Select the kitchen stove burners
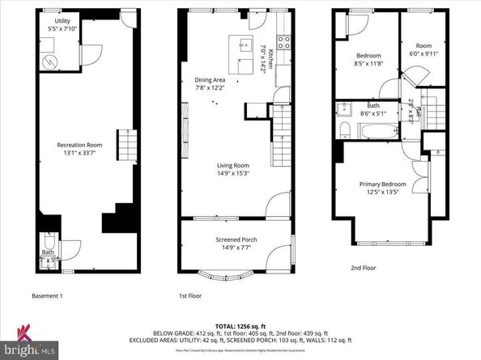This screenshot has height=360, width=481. pos(283,39)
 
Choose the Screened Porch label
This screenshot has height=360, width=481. pos(236,239)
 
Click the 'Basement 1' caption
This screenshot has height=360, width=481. pos(46,295)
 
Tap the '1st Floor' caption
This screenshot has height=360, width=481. pos(190,295)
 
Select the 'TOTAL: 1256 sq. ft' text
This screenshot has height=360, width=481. pos(240,324)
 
